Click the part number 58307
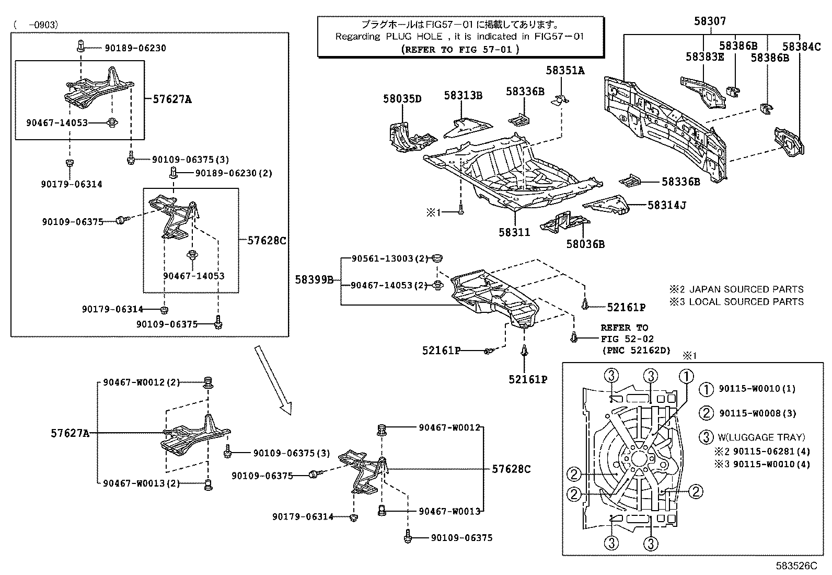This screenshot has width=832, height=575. point(710,21)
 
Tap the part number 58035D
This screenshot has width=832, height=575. point(402,98)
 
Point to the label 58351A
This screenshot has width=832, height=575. point(565,70)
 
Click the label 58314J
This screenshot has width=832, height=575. point(666,206)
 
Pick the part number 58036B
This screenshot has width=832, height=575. point(585,244)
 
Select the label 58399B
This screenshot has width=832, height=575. point(314,279)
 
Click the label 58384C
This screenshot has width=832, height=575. point(802,46)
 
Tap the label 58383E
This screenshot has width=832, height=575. point(704,57)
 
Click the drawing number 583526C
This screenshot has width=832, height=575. point(796,566)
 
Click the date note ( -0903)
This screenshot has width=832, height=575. point(36,24)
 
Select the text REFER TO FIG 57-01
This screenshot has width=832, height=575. point(460,49)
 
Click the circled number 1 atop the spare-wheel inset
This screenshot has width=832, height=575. point(686,376)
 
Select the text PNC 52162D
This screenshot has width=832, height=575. point(635,350)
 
